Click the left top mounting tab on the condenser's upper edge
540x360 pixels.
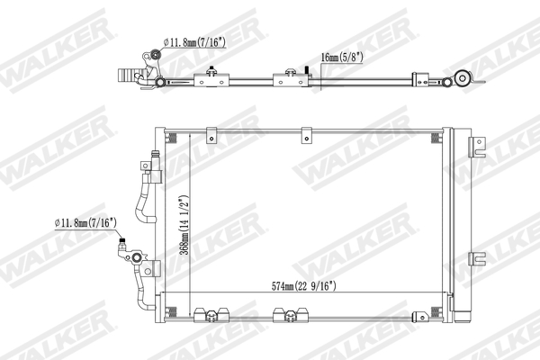(212, 135)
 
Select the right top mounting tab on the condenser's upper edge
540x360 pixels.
(306, 135)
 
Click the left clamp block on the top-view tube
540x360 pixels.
(212, 79)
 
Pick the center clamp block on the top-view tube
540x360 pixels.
(291, 79)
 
